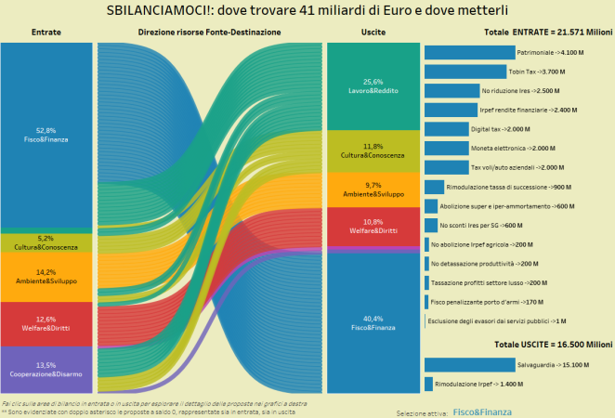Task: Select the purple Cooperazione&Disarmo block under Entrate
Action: click(46, 369)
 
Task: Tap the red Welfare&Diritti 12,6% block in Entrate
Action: click(46, 323)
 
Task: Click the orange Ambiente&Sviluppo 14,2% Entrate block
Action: click(46, 277)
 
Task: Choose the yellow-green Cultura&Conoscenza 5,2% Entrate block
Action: click(46, 242)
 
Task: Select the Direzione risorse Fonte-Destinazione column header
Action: click(209, 33)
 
